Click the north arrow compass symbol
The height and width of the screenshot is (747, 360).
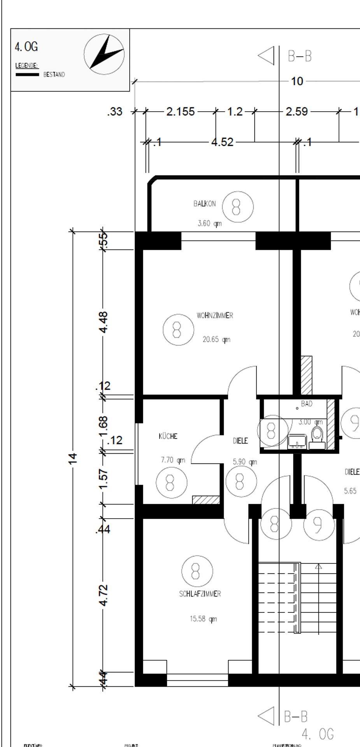[x=104, y=53]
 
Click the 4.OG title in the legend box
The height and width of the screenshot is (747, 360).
[x=26, y=47]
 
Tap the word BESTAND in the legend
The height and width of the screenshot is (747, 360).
[x=54, y=75]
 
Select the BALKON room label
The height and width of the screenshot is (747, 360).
[x=204, y=204]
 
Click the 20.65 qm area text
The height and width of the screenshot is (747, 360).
[x=216, y=340]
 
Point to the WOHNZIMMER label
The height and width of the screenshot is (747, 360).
[x=215, y=316]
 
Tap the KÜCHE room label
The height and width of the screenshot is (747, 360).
[x=168, y=437]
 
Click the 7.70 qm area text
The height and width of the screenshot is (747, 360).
[x=173, y=460]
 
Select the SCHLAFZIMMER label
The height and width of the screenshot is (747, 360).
[x=200, y=594]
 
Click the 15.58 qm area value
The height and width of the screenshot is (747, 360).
[x=203, y=619]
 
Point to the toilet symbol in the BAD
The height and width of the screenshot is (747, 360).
[x=318, y=437]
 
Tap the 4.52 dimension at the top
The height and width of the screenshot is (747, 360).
[x=222, y=142]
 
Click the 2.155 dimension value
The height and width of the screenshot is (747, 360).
[x=180, y=112]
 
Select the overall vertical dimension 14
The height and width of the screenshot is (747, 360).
[x=72, y=458]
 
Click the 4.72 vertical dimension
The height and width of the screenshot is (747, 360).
[x=104, y=595]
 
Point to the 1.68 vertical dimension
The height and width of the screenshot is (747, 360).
[x=103, y=427]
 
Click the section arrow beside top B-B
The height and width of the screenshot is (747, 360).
[x=267, y=56]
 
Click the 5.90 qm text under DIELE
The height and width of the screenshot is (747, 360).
[x=245, y=462]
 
